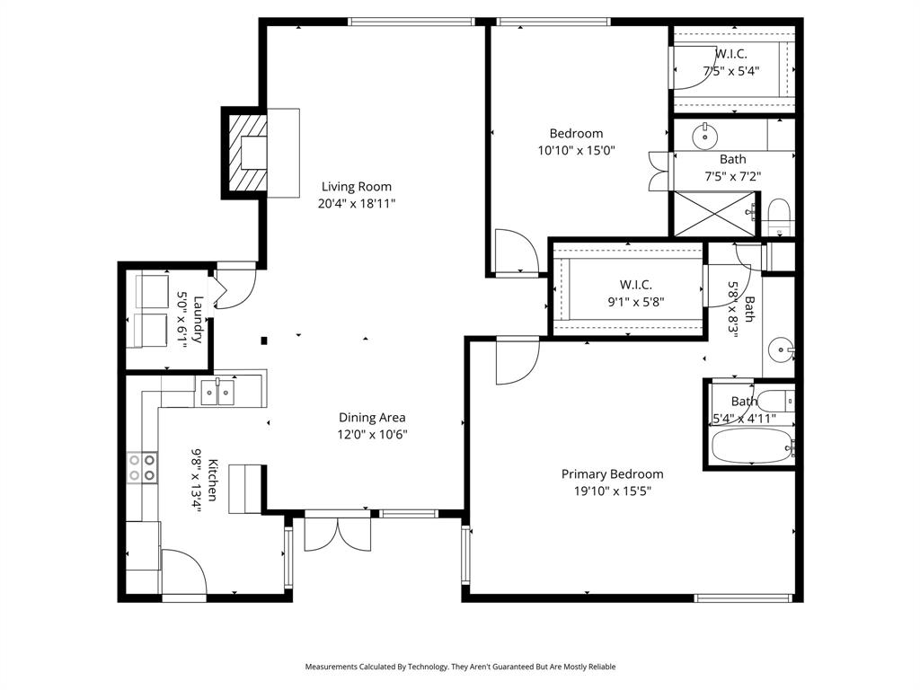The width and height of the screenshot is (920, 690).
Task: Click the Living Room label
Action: click(x=357, y=187)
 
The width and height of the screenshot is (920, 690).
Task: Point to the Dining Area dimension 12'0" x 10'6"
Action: click(x=372, y=434)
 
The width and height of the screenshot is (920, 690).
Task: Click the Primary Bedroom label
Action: click(x=612, y=474)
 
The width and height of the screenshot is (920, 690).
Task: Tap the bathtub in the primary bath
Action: click(x=751, y=445)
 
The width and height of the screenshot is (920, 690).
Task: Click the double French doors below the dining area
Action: click(x=338, y=532)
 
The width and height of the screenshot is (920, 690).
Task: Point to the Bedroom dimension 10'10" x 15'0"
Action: click(x=576, y=151)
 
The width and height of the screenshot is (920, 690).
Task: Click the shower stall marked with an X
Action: click(x=715, y=214)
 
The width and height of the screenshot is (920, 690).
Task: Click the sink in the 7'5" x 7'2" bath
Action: click(x=705, y=137)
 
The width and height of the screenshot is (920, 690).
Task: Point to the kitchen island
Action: click(x=244, y=488)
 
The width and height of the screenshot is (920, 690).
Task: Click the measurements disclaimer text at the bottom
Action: click(x=460, y=667)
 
